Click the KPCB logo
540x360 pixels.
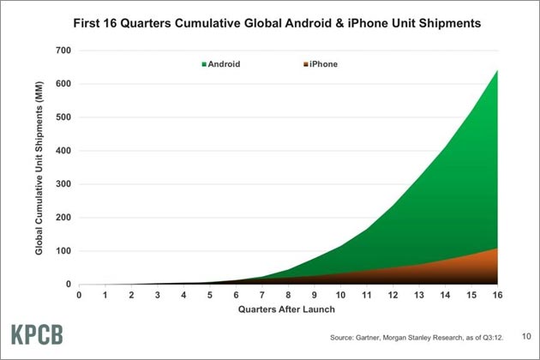pos(37,334)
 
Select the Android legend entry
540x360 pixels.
pos(221,64)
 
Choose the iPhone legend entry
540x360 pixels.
pos(321,64)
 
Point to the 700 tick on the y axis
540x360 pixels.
pos(63,51)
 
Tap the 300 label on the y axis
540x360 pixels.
pos(63,184)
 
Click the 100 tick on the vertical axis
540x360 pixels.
pos(63,251)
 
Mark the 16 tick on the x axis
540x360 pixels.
pos(497,295)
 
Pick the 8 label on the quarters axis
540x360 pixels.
pos(288,295)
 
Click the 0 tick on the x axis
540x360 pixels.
pos(79,295)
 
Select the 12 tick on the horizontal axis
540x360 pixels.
pos(393,295)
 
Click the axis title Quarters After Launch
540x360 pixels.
pos(286,309)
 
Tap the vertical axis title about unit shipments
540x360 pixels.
pos(39,168)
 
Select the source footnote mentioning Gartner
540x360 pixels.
pos(417,338)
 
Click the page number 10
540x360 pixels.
pos(526,336)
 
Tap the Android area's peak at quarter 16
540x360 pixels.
pos(497,70)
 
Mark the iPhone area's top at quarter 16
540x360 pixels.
pos(497,249)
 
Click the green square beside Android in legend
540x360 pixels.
pos(204,64)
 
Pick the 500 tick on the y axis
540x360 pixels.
pos(63,117)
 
